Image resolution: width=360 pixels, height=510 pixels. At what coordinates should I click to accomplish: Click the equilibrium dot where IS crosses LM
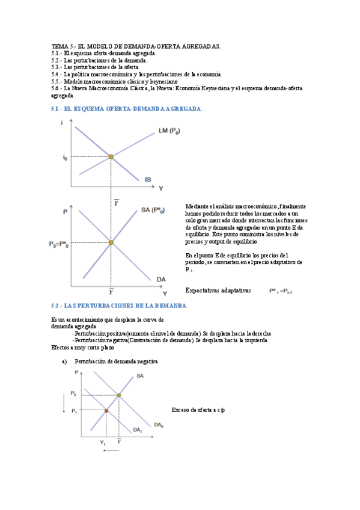click(111, 157)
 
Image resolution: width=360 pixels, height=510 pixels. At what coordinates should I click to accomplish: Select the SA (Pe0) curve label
click(153, 210)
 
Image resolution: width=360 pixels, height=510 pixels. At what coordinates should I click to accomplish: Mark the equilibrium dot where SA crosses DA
click(111, 244)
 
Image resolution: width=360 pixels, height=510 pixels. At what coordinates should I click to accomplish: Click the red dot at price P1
click(106, 411)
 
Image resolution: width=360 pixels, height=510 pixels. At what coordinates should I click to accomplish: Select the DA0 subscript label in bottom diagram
click(158, 425)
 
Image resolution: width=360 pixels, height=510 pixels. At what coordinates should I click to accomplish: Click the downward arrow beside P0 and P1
click(63, 403)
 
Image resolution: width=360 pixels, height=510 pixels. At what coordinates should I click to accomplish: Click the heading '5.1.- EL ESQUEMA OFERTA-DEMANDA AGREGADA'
click(127, 109)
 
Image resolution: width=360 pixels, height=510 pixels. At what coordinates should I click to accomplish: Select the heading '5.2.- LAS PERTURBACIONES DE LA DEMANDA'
click(120, 306)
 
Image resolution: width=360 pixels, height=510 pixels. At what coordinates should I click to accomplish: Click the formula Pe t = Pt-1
click(285, 291)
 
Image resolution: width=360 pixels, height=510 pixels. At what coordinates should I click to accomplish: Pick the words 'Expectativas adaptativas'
click(218, 290)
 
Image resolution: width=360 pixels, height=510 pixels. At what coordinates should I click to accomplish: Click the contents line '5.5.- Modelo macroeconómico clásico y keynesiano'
click(115, 81)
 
